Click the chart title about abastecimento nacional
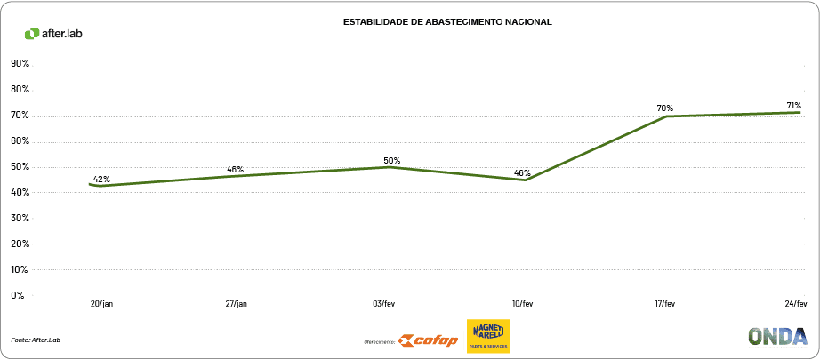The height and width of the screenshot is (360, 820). [x=447, y=21]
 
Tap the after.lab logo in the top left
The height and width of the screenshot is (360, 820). [x=53, y=34]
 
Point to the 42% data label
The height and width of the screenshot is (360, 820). [x=101, y=179]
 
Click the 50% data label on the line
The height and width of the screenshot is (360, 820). [x=391, y=161]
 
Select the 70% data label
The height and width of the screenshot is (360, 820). [x=664, y=108]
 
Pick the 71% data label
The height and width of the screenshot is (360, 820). [x=793, y=106]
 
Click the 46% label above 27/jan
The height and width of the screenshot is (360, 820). [x=235, y=169]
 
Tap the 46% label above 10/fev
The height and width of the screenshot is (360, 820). [x=522, y=172]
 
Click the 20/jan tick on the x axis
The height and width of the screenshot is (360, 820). [x=102, y=304]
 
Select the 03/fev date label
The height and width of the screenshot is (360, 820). [x=384, y=304]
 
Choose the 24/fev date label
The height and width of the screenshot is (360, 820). [x=795, y=304]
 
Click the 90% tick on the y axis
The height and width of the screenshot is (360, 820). [x=20, y=64]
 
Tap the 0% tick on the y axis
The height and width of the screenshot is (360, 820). [x=18, y=295]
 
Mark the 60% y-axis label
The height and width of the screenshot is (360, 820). [x=20, y=141]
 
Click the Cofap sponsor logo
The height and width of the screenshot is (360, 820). [x=429, y=340]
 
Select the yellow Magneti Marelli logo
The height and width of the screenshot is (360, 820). [x=488, y=336]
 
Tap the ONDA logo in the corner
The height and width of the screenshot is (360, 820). [x=777, y=336]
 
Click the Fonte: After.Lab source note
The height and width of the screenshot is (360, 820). [x=36, y=340]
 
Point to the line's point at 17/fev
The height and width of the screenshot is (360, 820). [x=666, y=116]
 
